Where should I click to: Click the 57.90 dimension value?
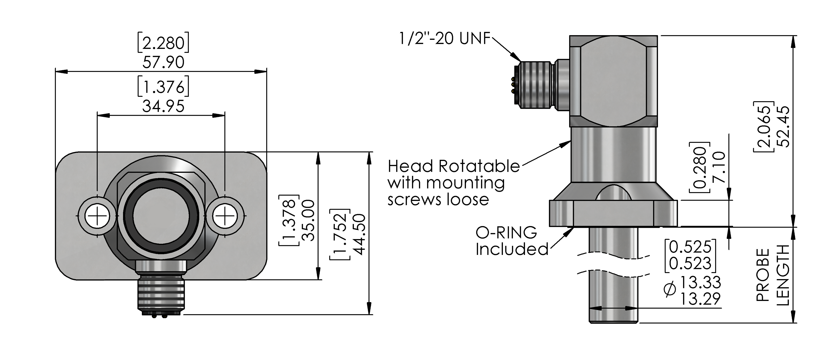[163, 62]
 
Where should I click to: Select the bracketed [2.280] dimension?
[163, 43]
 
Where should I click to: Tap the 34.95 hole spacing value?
[163, 106]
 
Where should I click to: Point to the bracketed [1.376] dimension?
[163, 87]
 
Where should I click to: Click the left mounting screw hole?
[97, 216]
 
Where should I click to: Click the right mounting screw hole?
[225, 216]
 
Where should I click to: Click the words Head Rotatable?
[453, 166]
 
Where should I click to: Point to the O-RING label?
[506, 233]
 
